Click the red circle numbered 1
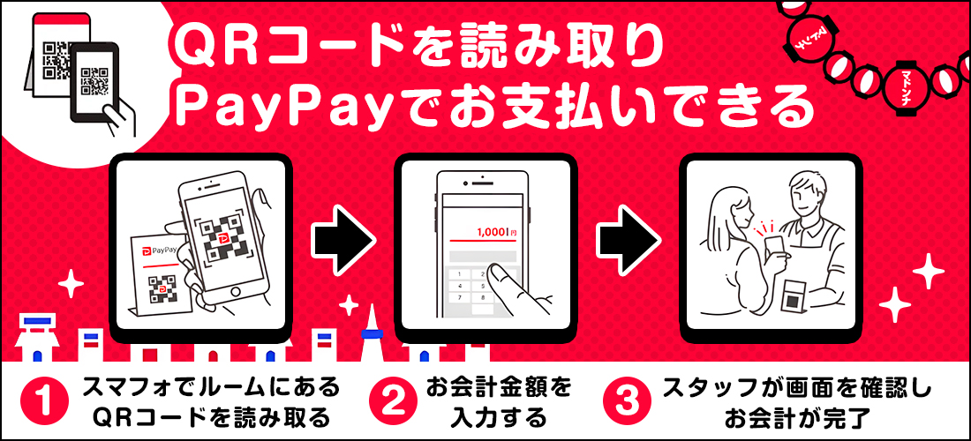(43, 401)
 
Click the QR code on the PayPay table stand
(161, 287)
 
